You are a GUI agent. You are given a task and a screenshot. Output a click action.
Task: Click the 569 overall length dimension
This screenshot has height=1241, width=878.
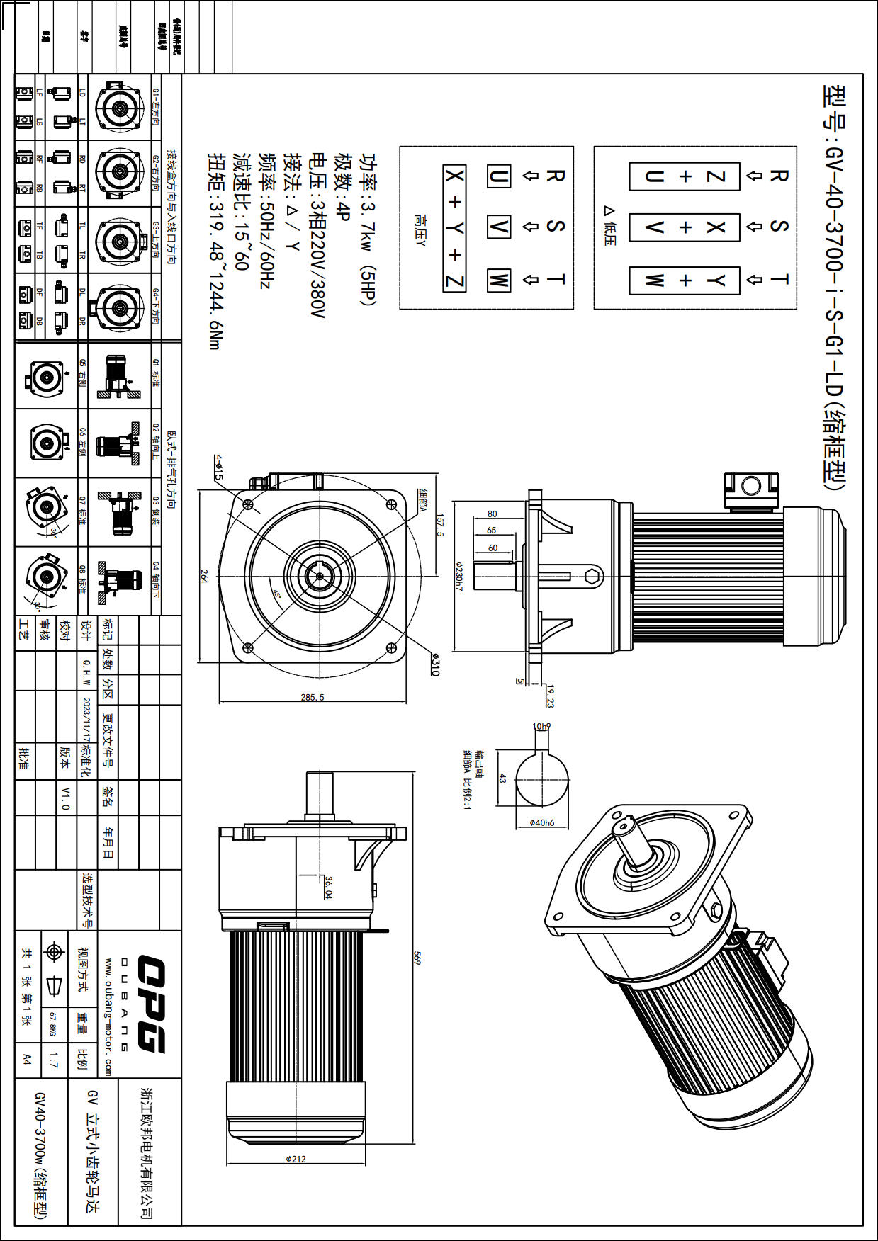pos(417,958)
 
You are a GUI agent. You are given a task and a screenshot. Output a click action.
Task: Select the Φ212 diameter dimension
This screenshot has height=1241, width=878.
pos(296,1159)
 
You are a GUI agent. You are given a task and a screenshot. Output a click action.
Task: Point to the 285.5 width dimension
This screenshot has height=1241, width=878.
pos(312,697)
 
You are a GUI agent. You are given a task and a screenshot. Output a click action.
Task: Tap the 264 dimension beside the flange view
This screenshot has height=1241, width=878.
pos(204,577)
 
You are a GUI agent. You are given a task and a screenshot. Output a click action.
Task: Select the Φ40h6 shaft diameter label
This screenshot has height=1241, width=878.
pos(542,822)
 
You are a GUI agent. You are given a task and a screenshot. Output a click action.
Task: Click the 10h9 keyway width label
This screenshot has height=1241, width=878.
pos(541,726)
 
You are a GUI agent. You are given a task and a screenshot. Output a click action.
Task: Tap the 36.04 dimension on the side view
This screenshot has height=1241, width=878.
pos(328,887)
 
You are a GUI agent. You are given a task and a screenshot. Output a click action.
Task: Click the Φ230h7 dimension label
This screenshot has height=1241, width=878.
pos(458,577)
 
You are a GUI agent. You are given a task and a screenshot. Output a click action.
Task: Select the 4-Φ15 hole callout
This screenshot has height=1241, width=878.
pos(219,467)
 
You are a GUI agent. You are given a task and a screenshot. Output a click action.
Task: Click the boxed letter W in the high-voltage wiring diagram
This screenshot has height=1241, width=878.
pos(498,280)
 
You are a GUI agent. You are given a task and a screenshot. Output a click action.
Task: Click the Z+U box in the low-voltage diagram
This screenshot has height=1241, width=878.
pos(685,176)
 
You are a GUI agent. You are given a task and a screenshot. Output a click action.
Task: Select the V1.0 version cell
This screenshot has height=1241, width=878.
pos(66,798)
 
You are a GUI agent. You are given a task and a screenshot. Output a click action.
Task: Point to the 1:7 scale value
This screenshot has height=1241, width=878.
pos(54,1060)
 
